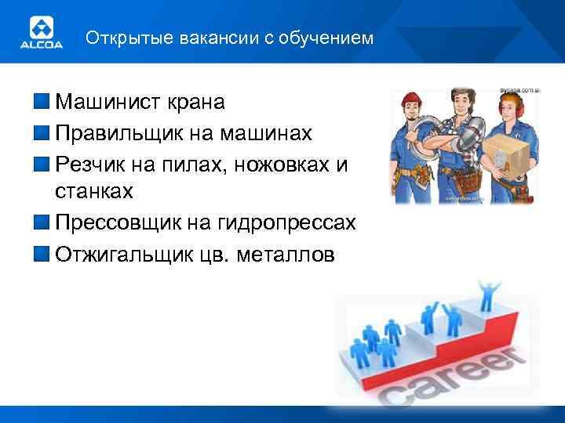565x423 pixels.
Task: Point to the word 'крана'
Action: [199, 102]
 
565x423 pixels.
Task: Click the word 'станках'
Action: [94, 191]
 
